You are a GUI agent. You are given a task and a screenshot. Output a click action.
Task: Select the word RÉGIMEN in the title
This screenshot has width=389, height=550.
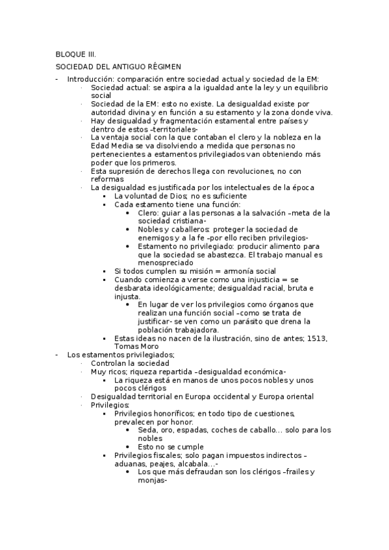[x=162, y=67]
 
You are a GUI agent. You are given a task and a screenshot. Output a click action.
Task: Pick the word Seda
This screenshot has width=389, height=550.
[x=147, y=430]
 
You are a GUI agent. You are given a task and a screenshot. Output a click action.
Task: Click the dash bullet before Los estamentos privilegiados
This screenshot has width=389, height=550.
[x=58, y=355]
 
